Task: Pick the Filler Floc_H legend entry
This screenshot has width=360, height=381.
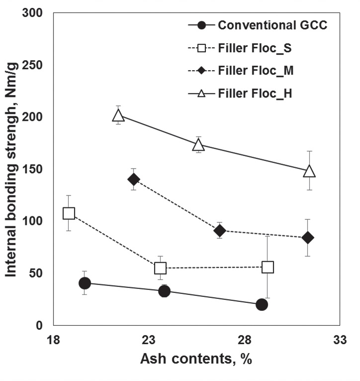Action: pyautogui.click(x=255, y=93)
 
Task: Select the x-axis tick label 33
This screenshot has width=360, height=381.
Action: pyautogui.click(x=340, y=340)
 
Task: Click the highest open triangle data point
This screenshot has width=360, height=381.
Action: pyautogui.click(x=118, y=115)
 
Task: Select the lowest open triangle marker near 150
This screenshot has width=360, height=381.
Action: pyautogui.click(x=309, y=171)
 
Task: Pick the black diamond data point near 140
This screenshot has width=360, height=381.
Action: pyautogui.click(x=134, y=179)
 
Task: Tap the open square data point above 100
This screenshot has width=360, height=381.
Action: pyautogui.click(x=69, y=213)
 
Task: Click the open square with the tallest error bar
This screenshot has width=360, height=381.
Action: pyautogui.click(x=268, y=267)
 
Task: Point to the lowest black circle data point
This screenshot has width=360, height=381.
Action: pyautogui.click(x=262, y=304)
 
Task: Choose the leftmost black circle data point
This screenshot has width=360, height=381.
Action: pyautogui.click(x=85, y=283)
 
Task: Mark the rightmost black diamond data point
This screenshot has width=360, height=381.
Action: pyautogui.click(x=308, y=238)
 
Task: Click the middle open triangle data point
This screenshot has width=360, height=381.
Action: pyautogui.click(x=198, y=145)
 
